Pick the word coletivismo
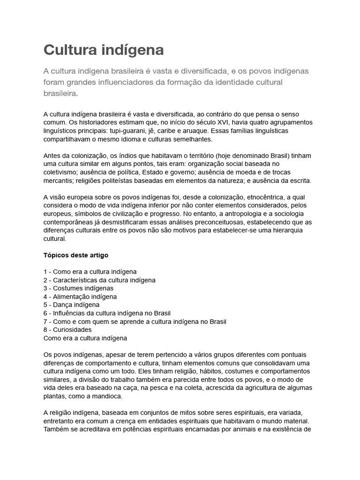pos(61,172)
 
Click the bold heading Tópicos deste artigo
pos(76,255)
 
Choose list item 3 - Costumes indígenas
pos(78,288)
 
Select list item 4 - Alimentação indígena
pos(80,297)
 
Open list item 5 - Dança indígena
pos(71,305)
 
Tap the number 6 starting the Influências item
pos(45,313)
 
